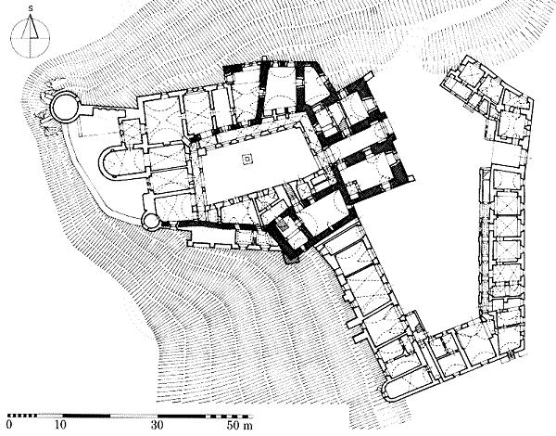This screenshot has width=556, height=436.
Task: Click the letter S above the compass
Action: [x=31, y=9]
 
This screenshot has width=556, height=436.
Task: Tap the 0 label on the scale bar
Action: [x=9, y=425]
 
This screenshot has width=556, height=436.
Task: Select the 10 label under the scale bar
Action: [x=61, y=425]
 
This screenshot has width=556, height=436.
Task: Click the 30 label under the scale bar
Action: [x=158, y=425]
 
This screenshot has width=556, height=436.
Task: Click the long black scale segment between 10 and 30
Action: [x=86, y=416]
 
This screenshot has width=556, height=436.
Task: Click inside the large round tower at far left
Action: [x=65, y=106]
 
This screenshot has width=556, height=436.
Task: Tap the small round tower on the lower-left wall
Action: [x=150, y=221]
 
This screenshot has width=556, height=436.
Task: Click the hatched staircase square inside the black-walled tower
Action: [x=284, y=226]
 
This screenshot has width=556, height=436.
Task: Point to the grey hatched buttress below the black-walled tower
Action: [x=291, y=257]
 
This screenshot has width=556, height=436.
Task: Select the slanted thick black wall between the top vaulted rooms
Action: [x=263, y=92]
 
